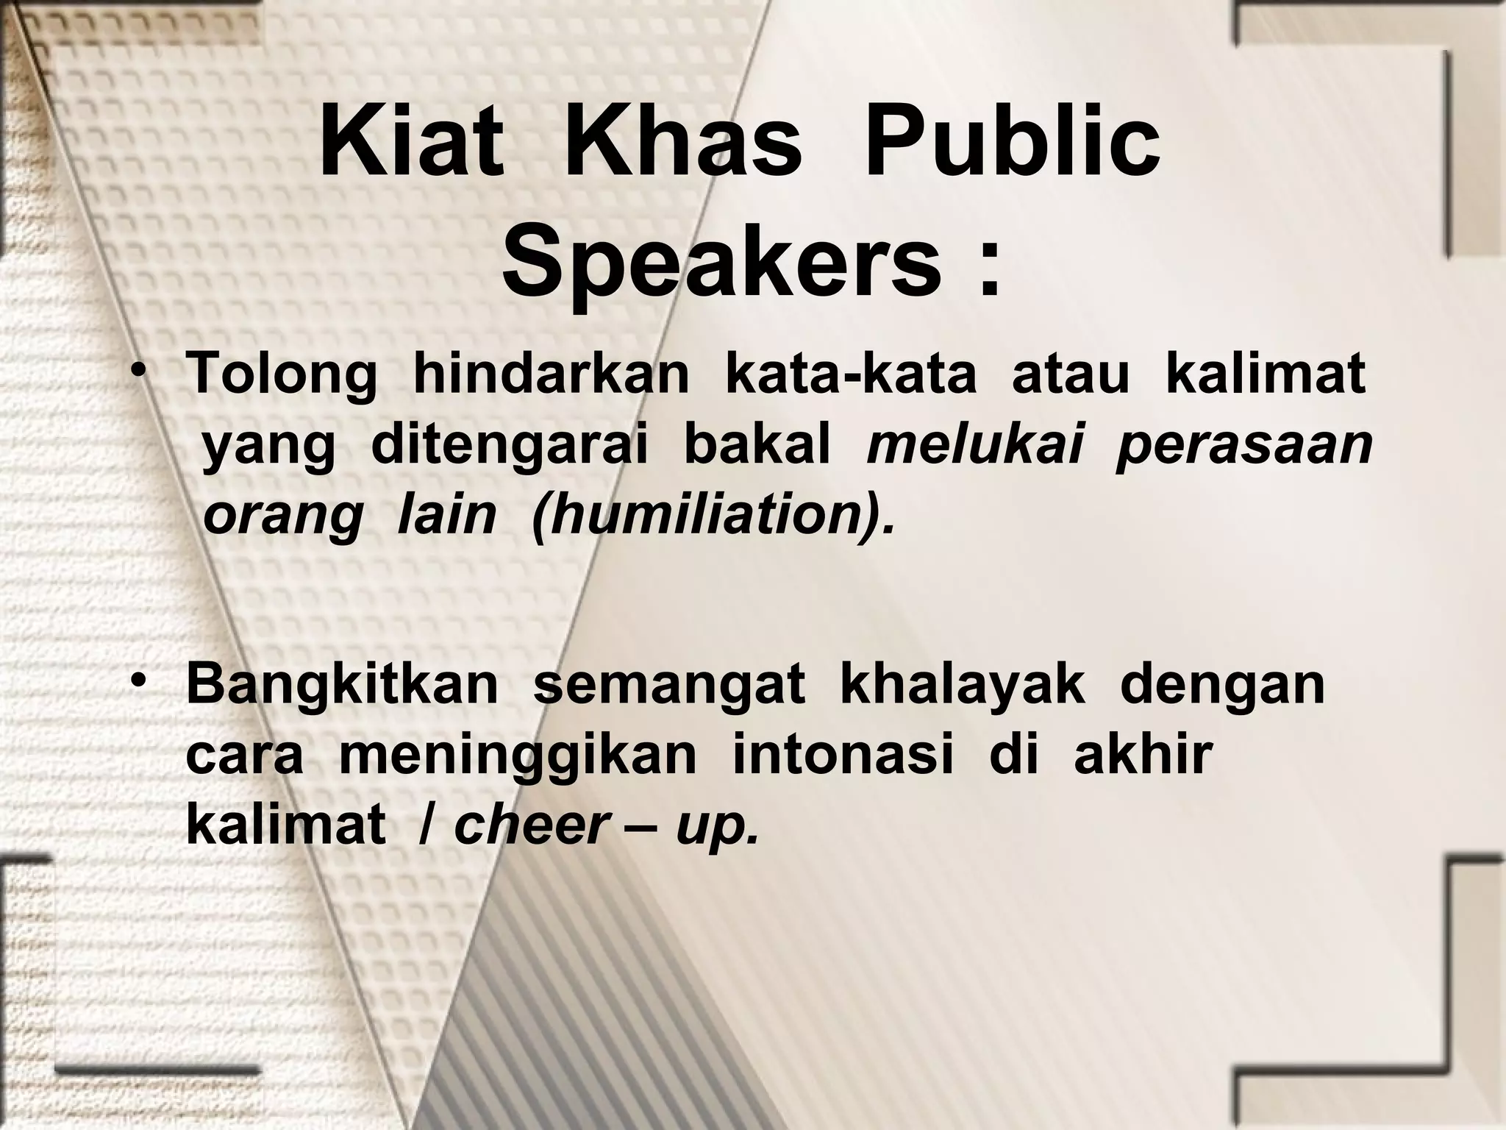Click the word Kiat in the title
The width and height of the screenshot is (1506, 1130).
pyautogui.click(x=412, y=143)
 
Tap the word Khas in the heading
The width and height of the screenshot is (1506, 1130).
pyautogui.click(x=683, y=143)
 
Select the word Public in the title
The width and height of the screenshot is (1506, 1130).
pyautogui.click(x=1012, y=143)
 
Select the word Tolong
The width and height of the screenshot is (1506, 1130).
pyautogui.click(x=282, y=374)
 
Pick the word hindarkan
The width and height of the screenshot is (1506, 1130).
pyautogui.click(x=552, y=374)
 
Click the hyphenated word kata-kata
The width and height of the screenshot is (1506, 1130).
pyautogui.click(x=851, y=374)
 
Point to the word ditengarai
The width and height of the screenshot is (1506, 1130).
pyautogui.click(x=510, y=445)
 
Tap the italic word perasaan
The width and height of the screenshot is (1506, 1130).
pyautogui.click(x=1244, y=445)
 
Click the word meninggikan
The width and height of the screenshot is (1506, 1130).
pyautogui.click(x=517, y=756)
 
